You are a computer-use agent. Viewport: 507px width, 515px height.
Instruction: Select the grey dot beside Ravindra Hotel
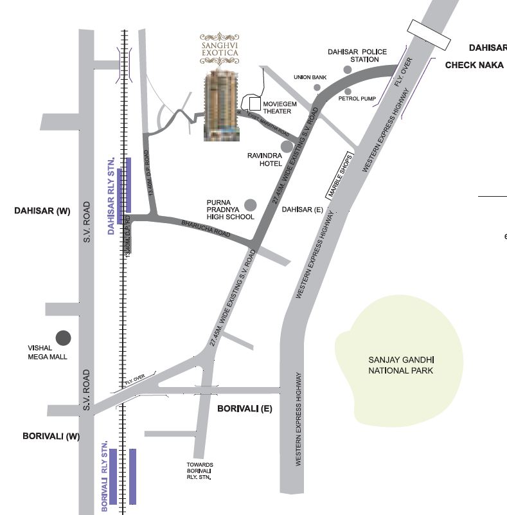tap(286, 146)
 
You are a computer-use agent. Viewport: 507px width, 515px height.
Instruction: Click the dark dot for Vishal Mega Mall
tap(63, 338)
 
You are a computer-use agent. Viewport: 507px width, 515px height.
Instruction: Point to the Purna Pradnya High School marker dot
tap(250, 204)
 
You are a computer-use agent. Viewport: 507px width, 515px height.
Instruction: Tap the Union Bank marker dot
tap(317, 87)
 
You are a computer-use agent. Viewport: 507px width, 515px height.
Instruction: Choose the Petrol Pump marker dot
tap(348, 91)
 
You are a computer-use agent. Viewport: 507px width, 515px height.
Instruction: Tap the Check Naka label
tap(474, 65)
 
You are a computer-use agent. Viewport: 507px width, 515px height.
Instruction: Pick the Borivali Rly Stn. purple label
tap(105, 476)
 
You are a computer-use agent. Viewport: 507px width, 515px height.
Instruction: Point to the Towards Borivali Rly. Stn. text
tap(200, 471)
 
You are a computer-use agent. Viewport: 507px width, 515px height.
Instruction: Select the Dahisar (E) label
tap(301, 210)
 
